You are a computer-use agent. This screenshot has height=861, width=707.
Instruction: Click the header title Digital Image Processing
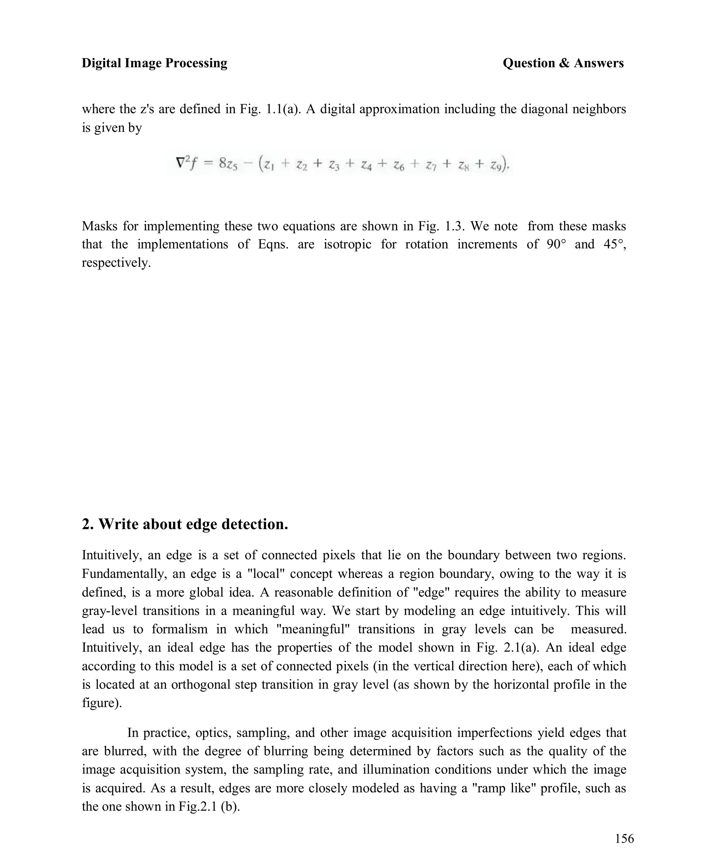[154, 63]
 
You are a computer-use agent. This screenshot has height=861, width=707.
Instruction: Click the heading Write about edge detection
[185, 524]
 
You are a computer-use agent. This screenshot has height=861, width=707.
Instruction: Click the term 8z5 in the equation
[228, 164]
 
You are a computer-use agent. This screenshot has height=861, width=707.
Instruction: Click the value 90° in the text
[556, 244]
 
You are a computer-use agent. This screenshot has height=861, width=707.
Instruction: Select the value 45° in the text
[614, 244]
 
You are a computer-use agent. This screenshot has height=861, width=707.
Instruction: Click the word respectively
[116, 263]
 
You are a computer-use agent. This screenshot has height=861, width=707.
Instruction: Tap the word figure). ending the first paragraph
[102, 703]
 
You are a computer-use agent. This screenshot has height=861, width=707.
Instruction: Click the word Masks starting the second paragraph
[100, 226]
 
